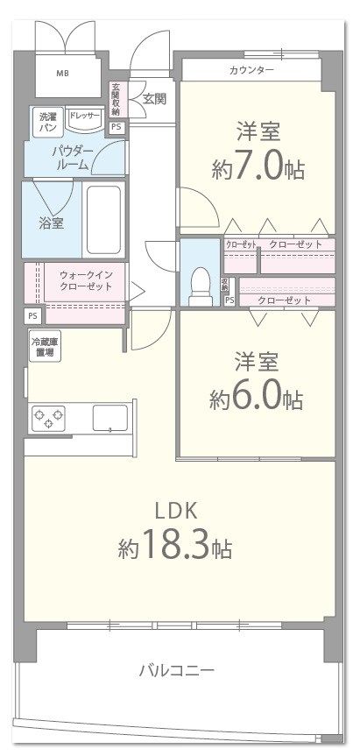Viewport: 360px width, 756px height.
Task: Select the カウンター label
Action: tap(251, 69)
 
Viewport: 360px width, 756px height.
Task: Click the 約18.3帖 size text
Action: tap(175, 548)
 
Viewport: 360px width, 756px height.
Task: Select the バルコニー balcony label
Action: tap(177, 671)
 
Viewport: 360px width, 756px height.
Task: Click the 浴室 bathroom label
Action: tap(51, 223)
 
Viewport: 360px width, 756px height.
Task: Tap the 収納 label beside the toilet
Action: tap(226, 285)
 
